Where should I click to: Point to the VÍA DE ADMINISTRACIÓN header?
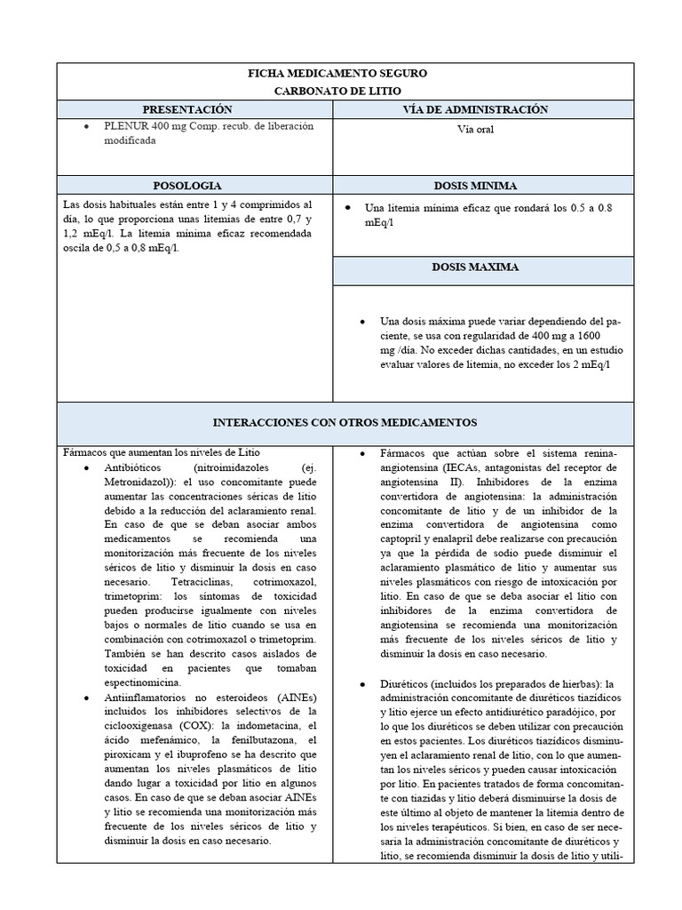478,109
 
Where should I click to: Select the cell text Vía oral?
476,129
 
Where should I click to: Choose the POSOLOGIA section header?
187,186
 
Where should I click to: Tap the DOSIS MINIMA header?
476,186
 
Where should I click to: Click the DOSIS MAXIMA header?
476,267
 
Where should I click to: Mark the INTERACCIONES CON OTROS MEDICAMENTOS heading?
345,422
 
